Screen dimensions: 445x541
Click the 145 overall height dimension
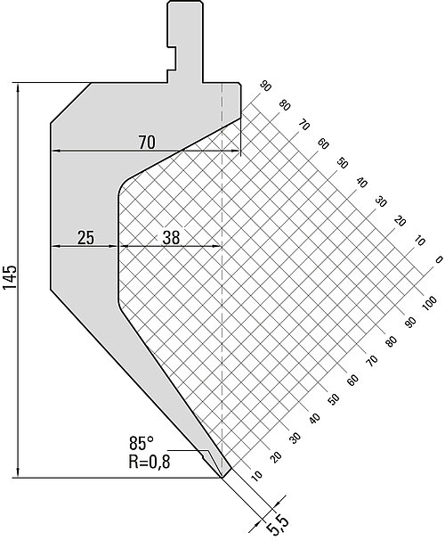pyautogui.click(x=10, y=278)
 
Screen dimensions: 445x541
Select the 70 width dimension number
pyautogui.click(x=147, y=142)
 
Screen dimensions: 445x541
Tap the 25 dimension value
pyautogui.click(x=85, y=238)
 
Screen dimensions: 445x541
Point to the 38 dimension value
pyautogui.click(x=171, y=238)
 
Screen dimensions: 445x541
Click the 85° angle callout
pyautogui.click(x=142, y=443)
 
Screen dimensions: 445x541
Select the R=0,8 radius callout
pyautogui.click(x=150, y=462)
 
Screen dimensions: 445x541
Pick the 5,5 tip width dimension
pyautogui.click(x=278, y=525)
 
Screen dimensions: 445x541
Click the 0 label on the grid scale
pyautogui.click(x=439, y=259)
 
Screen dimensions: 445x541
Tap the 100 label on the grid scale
pyautogui.click(x=429, y=304)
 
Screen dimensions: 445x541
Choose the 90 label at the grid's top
pyautogui.click(x=265, y=86)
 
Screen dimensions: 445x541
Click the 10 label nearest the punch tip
pyautogui.click(x=256, y=476)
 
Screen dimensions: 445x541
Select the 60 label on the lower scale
pyautogui.click(x=352, y=380)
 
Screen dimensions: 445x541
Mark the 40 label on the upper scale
pyautogui.click(x=361, y=182)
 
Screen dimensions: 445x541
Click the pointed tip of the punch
pyautogui.click(x=222, y=478)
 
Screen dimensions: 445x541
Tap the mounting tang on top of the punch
pyautogui.click(x=185, y=41)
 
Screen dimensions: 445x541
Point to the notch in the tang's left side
pyautogui.click(x=172, y=58)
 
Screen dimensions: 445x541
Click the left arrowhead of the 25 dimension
pyautogui.click(x=55, y=246)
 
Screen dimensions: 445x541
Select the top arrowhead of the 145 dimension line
pyautogui.click(x=18, y=87)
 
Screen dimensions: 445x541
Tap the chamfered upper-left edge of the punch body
pyautogui.click(x=71, y=102)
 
